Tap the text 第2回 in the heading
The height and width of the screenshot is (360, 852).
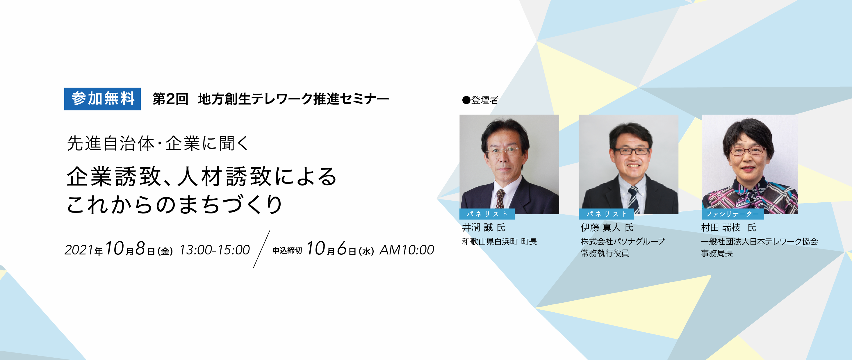click(170, 99)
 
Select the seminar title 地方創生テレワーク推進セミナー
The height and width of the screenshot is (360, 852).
click(294, 99)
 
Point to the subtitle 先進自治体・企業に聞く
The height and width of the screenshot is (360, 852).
click(157, 143)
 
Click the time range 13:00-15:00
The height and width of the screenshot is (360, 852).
click(215, 250)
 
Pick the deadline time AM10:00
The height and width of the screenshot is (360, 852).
click(407, 250)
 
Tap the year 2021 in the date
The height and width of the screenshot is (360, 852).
click(79, 250)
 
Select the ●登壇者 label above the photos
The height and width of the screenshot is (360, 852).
click(480, 100)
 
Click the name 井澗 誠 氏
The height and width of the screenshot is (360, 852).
click(484, 228)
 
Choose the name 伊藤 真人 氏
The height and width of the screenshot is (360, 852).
click(607, 228)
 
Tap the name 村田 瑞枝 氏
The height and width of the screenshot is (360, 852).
click(729, 228)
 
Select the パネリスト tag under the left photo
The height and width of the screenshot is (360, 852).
click(487, 214)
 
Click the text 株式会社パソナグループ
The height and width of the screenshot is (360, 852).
click(623, 242)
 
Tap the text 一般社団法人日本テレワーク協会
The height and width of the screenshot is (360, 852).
click(760, 242)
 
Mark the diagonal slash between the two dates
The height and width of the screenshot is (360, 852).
click(262, 249)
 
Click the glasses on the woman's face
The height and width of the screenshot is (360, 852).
click(747, 151)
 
